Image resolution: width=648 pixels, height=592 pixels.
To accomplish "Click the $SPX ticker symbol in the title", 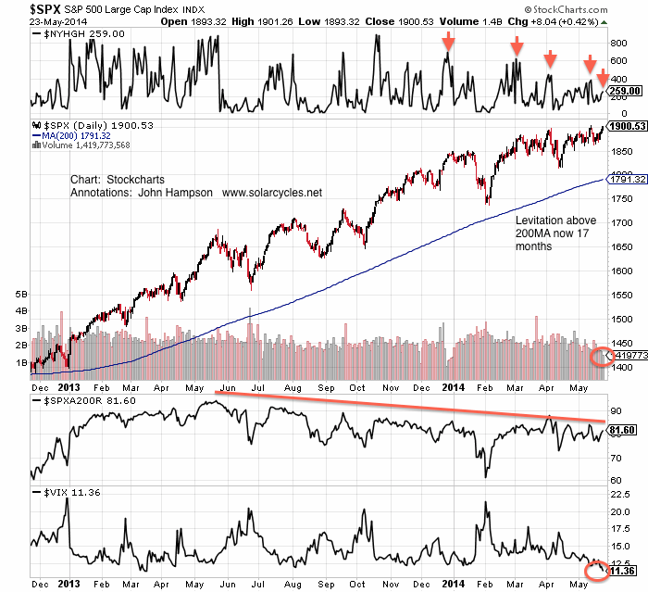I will tap(21, 9).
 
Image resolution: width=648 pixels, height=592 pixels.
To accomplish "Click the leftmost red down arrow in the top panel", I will tap(448, 41).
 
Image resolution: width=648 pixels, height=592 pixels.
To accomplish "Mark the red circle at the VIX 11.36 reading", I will tap(599, 567).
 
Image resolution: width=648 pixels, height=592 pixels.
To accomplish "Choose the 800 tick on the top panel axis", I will tap(618, 43).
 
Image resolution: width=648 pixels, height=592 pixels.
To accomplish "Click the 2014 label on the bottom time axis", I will tap(453, 586).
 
